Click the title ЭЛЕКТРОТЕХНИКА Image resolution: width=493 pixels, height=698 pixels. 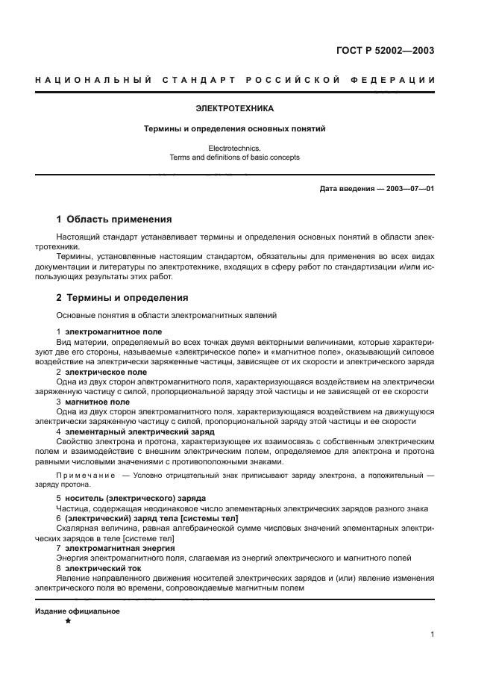click(235, 108)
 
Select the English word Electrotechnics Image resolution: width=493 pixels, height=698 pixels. click(235, 149)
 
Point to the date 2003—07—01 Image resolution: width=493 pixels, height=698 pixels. click(408, 189)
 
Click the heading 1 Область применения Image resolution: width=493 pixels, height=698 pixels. click(114, 219)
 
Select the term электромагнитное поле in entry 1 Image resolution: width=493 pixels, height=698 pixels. click(113, 331)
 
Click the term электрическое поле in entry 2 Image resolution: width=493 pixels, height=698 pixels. click(105, 372)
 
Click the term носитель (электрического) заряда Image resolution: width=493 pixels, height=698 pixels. click(135, 498)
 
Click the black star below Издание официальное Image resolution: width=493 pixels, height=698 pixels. click(68, 621)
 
